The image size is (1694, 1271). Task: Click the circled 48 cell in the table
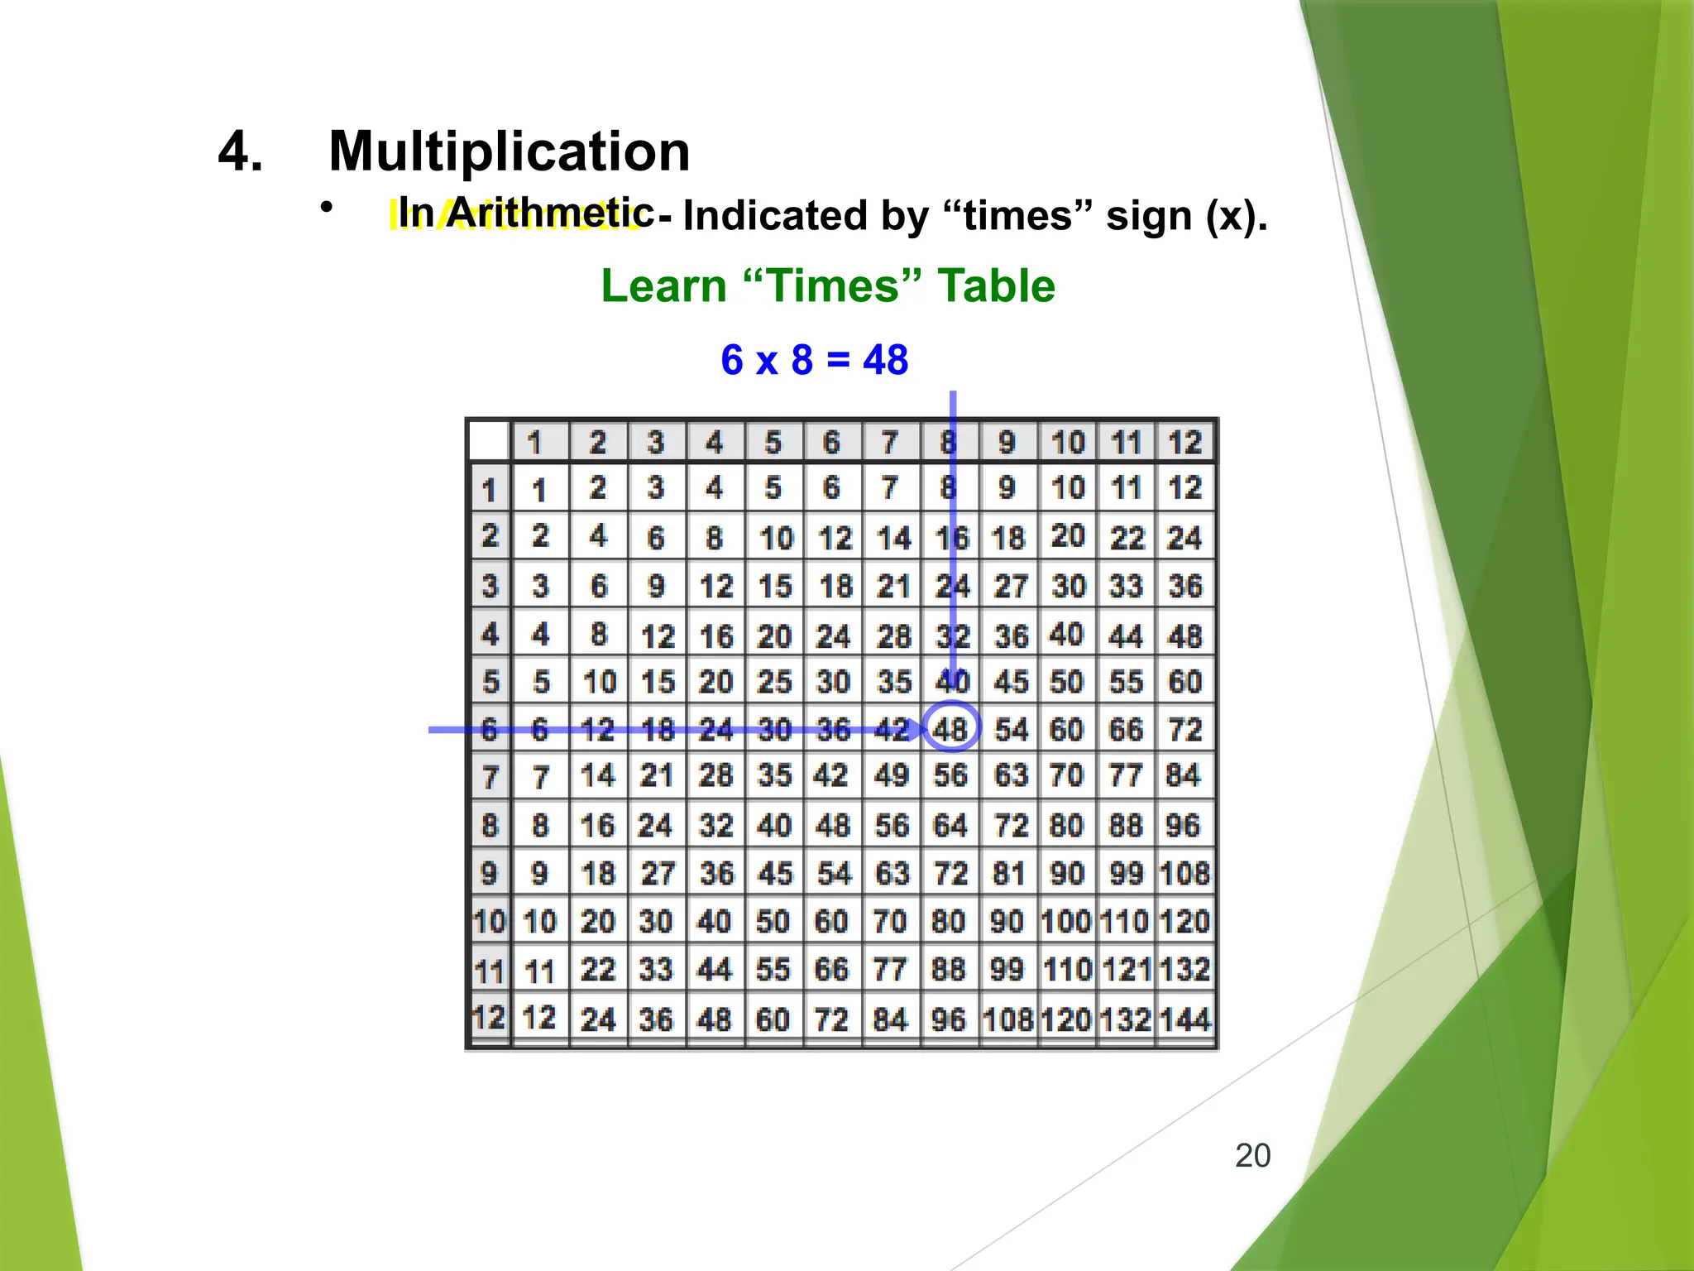950,728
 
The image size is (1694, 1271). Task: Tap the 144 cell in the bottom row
1184,1019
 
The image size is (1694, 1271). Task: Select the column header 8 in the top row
949,443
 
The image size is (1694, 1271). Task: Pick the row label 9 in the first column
489,873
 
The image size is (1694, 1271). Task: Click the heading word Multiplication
509,151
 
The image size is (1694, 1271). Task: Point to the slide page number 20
1252,1155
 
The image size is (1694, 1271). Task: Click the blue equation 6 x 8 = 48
814,360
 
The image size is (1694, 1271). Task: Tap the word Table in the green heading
996,286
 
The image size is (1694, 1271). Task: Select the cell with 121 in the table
1126,970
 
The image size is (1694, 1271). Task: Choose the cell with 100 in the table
1066,921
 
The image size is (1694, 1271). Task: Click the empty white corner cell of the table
488,440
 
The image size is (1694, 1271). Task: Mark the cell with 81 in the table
1008,873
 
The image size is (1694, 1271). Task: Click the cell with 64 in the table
950,825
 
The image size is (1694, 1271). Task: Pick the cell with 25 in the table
774,682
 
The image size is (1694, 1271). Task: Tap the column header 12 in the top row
1184,443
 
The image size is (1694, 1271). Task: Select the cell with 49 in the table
891,776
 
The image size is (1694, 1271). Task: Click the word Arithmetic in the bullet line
549,213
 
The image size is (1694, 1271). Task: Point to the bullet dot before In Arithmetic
328,207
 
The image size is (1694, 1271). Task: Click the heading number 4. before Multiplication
240,151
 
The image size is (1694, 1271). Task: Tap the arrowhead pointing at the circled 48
915,730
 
